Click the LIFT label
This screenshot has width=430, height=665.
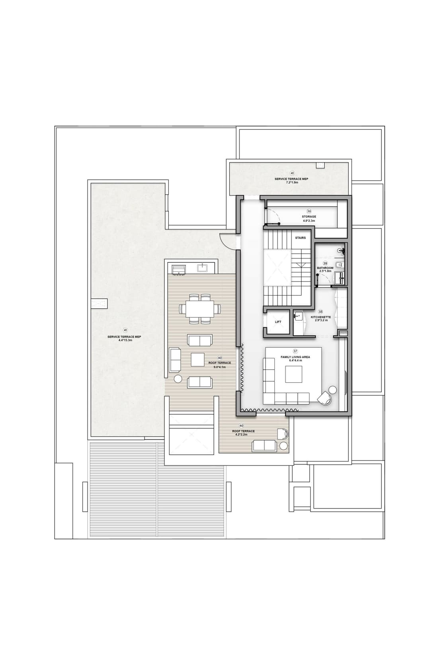pos(278,322)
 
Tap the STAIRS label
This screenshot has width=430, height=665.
pos(300,238)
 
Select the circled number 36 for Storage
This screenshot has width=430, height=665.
pos(309,211)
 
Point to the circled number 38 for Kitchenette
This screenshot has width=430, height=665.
pos(320,312)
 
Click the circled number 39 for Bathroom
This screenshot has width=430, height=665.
pos(325,263)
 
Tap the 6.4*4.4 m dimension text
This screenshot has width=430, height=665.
pos(295,360)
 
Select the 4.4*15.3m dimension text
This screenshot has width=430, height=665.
pos(125,340)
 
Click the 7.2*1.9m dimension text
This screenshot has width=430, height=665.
pos(292,182)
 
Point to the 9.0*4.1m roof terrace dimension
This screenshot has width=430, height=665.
pos(220,367)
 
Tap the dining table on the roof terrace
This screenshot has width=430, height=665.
pos(200,309)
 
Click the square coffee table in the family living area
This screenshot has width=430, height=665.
pos(294,374)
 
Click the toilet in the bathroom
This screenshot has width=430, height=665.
pos(339,264)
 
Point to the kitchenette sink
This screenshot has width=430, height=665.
pos(298,315)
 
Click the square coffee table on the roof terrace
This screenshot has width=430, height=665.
pos(197,359)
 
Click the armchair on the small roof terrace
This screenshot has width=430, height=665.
pos(283,434)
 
